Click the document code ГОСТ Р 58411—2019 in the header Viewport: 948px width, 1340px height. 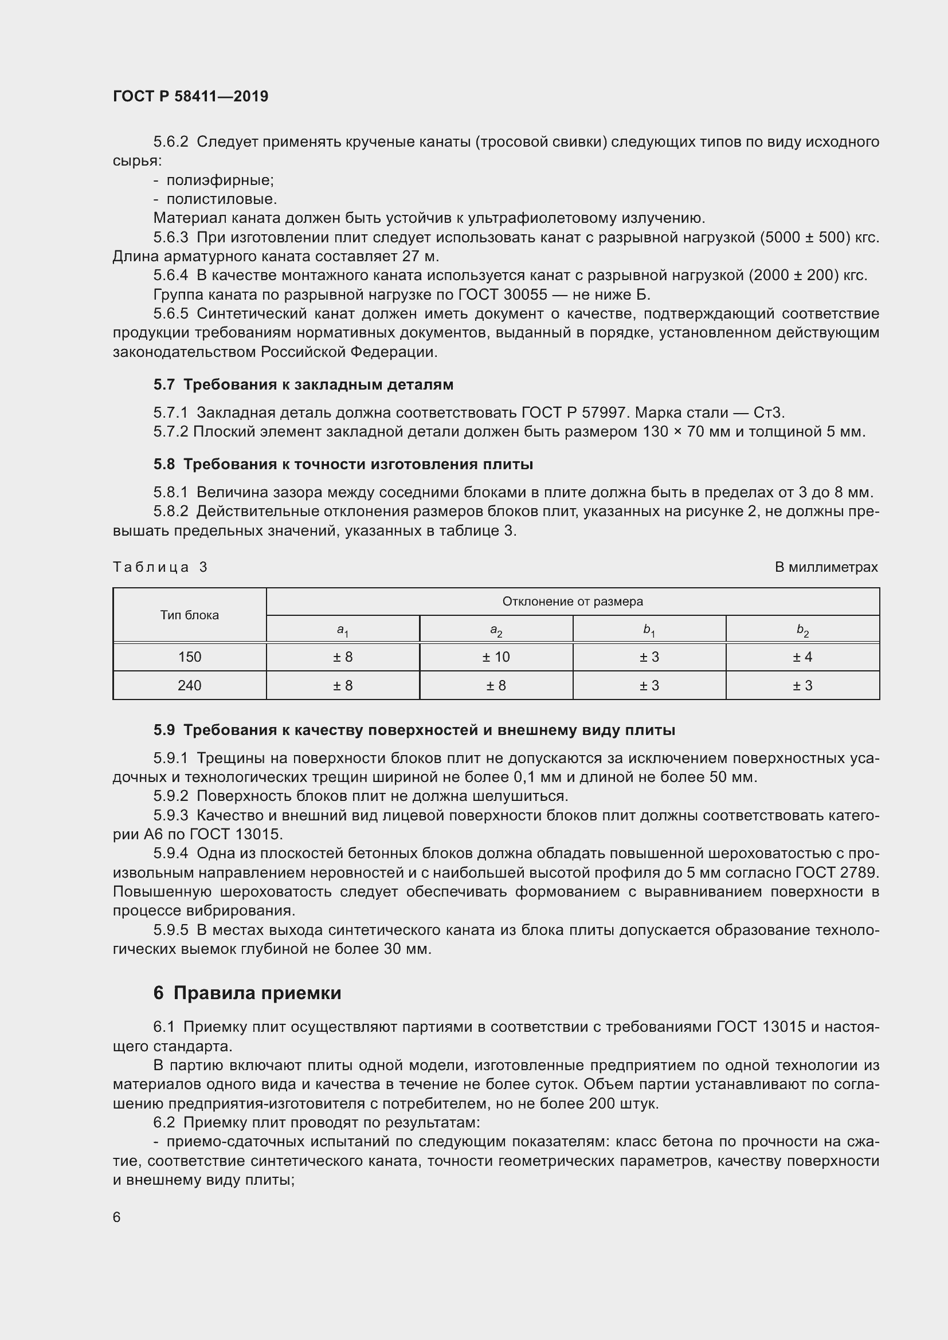click(x=190, y=96)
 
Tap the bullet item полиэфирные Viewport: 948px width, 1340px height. click(x=220, y=180)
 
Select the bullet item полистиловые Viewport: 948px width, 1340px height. click(x=221, y=199)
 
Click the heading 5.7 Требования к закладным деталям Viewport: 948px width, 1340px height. click(x=303, y=384)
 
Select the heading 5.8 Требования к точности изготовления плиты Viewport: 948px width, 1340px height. click(x=343, y=465)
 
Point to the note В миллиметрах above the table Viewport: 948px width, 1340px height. click(x=826, y=567)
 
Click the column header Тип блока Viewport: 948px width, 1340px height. click(x=190, y=615)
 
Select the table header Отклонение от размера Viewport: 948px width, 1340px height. click(x=572, y=602)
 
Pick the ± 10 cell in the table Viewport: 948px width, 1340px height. click(x=496, y=657)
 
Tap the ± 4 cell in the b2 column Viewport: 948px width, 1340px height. click(x=802, y=657)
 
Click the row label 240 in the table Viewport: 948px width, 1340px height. click(x=190, y=685)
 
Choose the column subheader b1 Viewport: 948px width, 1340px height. click(x=649, y=630)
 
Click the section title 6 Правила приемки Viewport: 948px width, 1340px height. click(x=247, y=993)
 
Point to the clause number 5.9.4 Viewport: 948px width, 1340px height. click(x=170, y=854)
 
